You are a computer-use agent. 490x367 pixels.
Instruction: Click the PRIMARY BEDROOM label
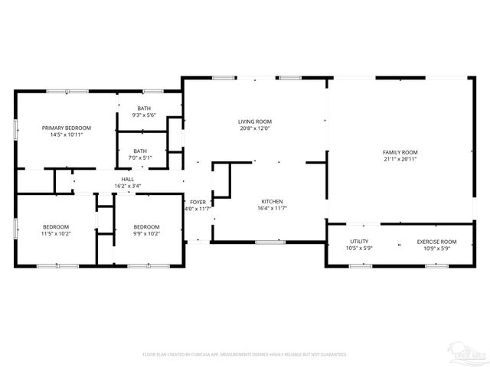(67, 128)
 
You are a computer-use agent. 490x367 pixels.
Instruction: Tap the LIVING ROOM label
(255, 122)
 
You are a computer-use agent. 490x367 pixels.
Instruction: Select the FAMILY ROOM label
(400, 152)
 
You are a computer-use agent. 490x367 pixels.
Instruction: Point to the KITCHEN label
(272, 201)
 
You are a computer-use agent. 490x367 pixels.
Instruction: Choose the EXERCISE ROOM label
(436, 242)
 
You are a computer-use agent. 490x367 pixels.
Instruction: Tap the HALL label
(127, 179)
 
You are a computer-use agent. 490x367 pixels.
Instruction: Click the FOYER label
(198, 202)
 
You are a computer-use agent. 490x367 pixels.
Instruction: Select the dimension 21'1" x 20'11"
(400, 159)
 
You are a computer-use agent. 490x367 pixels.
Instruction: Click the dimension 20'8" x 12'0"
(255, 128)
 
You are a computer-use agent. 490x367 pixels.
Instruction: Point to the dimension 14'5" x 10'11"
(67, 135)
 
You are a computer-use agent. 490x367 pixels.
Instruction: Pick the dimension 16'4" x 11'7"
(272, 208)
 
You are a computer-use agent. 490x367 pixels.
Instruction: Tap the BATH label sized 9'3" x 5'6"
(144, 109)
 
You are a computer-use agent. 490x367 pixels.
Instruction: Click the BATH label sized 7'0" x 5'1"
(140, 151)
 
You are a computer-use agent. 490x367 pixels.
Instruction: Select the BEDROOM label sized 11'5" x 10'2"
(56, 226)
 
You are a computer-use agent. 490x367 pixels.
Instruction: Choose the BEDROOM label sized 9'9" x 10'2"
(146, 226)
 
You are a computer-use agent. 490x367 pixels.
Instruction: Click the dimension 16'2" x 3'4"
(127, 186)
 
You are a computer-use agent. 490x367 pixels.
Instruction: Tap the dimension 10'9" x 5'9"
(436, 248)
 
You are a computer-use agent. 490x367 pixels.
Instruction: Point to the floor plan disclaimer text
(245, 355)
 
